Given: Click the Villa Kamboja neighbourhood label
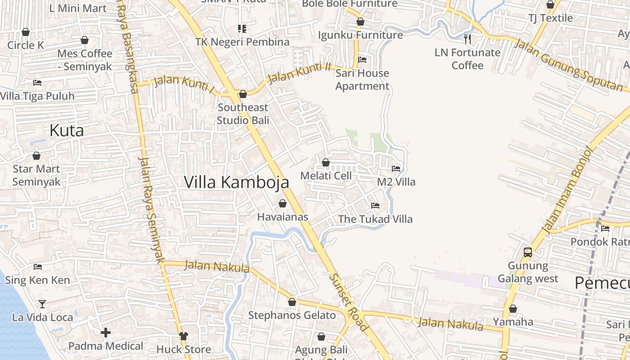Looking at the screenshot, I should [x=237, y=182].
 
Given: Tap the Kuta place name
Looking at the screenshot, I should [x=67, y=130].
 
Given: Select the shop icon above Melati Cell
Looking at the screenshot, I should [x=326, y=162].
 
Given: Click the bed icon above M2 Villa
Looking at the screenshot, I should [x=396, y=169].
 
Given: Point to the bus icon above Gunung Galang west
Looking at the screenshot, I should [x=528, y=252].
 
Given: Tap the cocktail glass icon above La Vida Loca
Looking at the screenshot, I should [x=42, y=304].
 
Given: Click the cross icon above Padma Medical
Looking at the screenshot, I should [x=106, y=333].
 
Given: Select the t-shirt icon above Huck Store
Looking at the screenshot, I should [x=184, y=336].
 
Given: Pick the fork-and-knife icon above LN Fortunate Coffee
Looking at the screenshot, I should [x=468, y=39].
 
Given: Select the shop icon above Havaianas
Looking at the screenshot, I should [x=283, y=204].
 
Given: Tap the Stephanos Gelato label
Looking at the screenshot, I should [x=292, y=315].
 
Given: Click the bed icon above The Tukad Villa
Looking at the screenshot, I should [x=375, y=206].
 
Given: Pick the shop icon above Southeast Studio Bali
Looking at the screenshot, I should [x=243, y=94].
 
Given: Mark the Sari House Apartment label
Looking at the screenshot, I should [x=362, y=79].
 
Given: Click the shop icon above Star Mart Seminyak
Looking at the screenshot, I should [x=36, y=156].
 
